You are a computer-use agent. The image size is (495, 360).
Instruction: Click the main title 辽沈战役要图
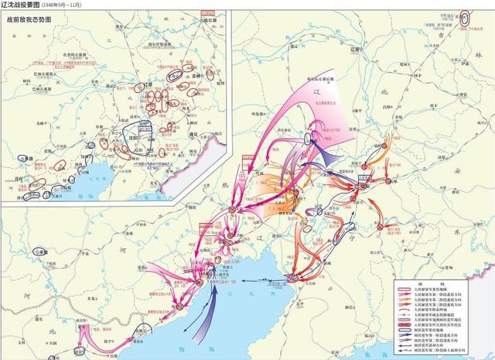pos(26,5)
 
